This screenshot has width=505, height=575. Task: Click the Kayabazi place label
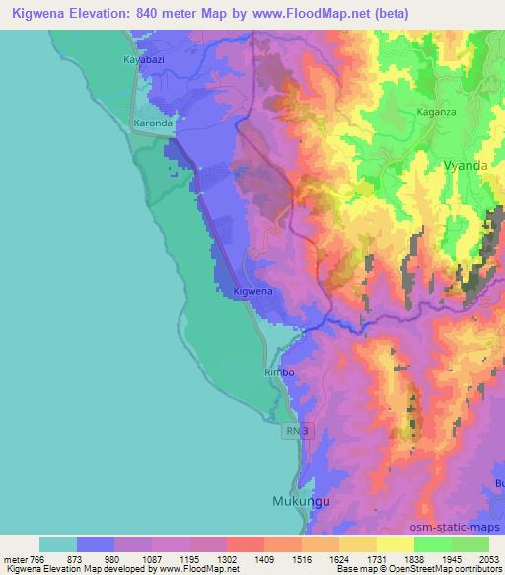click(x=143, y=60)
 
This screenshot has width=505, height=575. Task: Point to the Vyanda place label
click(x=466, y=166)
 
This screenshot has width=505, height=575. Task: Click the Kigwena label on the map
click(x=252, y=292)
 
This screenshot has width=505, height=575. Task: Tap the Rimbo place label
click(x=280, y=372)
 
